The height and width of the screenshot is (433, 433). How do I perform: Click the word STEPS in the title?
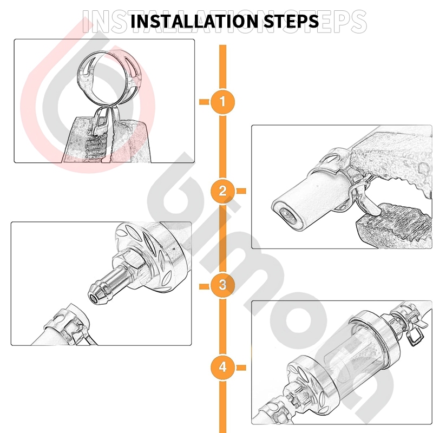291,21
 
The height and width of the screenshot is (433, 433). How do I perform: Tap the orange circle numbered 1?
222,102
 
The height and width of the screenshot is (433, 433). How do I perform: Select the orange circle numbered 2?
222,191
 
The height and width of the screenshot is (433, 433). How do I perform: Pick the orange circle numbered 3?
222,285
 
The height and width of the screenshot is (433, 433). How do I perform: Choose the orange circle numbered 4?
222,368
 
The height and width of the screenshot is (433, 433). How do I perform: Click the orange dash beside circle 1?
205,102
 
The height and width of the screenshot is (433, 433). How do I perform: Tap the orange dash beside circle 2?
241,191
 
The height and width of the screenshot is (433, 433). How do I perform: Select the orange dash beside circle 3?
205,286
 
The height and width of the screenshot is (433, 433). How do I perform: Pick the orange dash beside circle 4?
241,368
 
